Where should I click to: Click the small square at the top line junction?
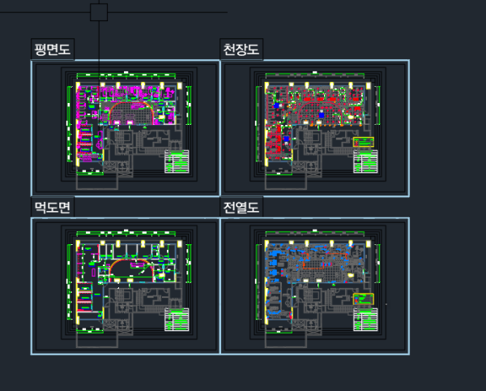tap(99, 12)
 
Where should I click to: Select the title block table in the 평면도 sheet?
tap(177, 162)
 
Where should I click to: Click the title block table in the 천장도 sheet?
tap(365, 162)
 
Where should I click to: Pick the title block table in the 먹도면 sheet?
tap(177, 319)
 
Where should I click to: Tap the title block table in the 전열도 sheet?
tap(365, 319)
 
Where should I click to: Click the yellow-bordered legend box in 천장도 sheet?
tap(364, 143)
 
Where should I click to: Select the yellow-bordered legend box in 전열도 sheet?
tap(364, 299)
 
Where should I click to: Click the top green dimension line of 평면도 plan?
tap(128, 75)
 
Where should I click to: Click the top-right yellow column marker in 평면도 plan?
tap(178, 84)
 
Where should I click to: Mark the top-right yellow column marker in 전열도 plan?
tap(368, 241)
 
